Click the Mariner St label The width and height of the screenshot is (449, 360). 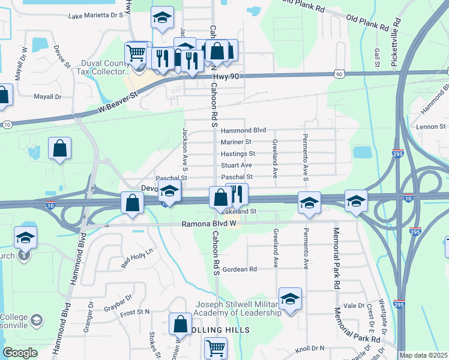[236, 142]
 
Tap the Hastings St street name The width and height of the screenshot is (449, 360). [238, 154]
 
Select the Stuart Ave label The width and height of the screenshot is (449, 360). [236, 166]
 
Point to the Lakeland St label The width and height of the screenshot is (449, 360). [240, 212]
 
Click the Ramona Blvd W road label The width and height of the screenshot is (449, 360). [207, 224]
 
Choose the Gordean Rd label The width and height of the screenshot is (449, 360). [240, 269]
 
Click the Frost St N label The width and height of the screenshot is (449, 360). [134, 313]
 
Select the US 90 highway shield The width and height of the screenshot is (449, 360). [340, 74]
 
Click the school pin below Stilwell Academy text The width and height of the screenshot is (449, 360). [291, 301]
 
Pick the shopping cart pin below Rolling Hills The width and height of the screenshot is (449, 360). [215, 347]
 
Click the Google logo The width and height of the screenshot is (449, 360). [20, 353]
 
